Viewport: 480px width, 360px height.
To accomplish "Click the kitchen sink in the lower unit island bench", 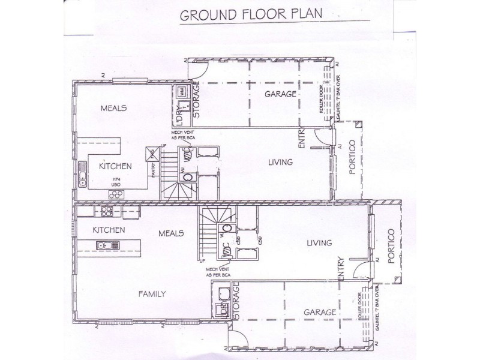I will [106, 244].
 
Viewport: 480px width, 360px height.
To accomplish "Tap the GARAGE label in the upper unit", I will [281, 94].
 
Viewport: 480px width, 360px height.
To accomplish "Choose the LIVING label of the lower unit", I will [319, 242].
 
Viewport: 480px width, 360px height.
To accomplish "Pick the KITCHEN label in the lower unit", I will [108, 230].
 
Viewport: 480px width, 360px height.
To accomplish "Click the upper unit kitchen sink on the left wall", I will [82, 178].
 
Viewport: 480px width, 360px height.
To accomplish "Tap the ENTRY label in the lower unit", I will [341, 268].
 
